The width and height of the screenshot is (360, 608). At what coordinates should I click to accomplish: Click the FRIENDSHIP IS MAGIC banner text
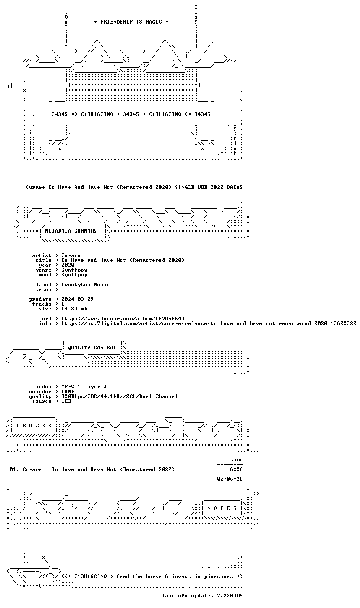(131, 22)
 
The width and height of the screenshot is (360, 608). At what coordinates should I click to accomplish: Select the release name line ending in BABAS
(134, 187)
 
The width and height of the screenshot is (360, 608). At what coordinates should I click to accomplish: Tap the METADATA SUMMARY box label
(71, 231)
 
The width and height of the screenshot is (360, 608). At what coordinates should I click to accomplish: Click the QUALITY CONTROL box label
(92, 348)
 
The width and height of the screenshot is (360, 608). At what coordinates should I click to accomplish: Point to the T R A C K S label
(34, 425)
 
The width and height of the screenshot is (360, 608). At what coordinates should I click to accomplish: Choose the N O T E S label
(222, 508)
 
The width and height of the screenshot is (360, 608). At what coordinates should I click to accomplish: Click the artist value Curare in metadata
(71, 255)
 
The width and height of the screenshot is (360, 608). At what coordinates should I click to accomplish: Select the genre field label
(43, 270)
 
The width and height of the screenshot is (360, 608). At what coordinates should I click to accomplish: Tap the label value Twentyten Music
(86, 285)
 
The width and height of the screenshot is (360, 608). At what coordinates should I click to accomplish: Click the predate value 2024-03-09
(77, 299)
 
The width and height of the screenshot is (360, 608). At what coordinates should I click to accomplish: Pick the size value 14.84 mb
(74, 309)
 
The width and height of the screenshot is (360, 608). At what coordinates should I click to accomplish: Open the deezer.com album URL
(123, 318)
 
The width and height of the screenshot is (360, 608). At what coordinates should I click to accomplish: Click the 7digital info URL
(209, 323)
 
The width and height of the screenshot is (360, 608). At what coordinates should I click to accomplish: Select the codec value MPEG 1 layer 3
(84, 387)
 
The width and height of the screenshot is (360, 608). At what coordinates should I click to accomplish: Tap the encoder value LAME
(68, 392)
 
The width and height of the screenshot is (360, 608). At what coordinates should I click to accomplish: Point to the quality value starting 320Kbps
(120, 396)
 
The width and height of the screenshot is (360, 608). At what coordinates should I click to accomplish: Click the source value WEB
(66, 401)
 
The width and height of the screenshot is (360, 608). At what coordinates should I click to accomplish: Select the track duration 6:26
(236, 469)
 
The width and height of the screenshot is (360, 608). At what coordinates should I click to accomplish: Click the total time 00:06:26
(230, 479)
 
